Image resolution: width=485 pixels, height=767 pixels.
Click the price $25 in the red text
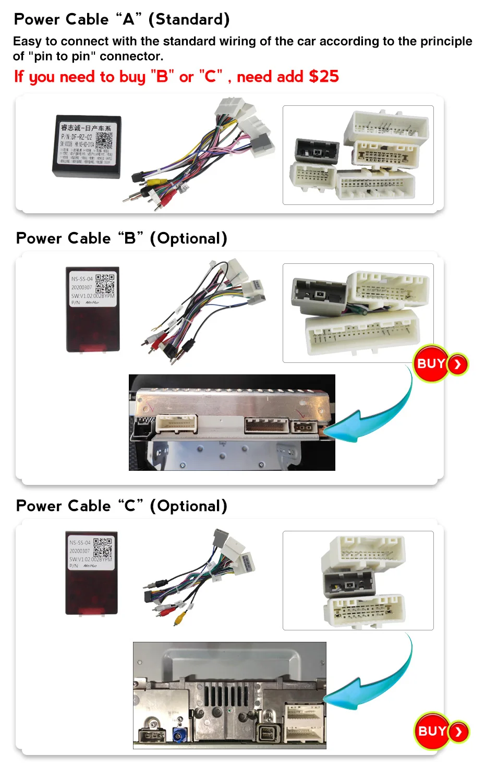pos(324,77)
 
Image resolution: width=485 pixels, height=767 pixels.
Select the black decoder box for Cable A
pos(87,147)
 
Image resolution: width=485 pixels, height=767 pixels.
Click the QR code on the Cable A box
pos(104,140)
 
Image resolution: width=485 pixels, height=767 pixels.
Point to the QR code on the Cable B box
pos(105,284)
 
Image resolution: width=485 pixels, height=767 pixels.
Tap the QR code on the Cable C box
pos(103,547)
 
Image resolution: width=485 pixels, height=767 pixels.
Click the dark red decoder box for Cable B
pos(93,310)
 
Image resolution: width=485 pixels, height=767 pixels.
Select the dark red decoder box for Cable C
pos(91,573)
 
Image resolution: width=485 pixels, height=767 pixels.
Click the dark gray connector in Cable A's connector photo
pos(317,151)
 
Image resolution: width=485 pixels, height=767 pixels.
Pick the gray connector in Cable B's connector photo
pos(319,296)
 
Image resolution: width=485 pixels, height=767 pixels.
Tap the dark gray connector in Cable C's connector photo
pos(348,584)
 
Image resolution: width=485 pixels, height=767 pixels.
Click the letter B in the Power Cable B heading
pos(130,239)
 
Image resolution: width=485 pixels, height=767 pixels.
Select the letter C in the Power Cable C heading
pos(130,506)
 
